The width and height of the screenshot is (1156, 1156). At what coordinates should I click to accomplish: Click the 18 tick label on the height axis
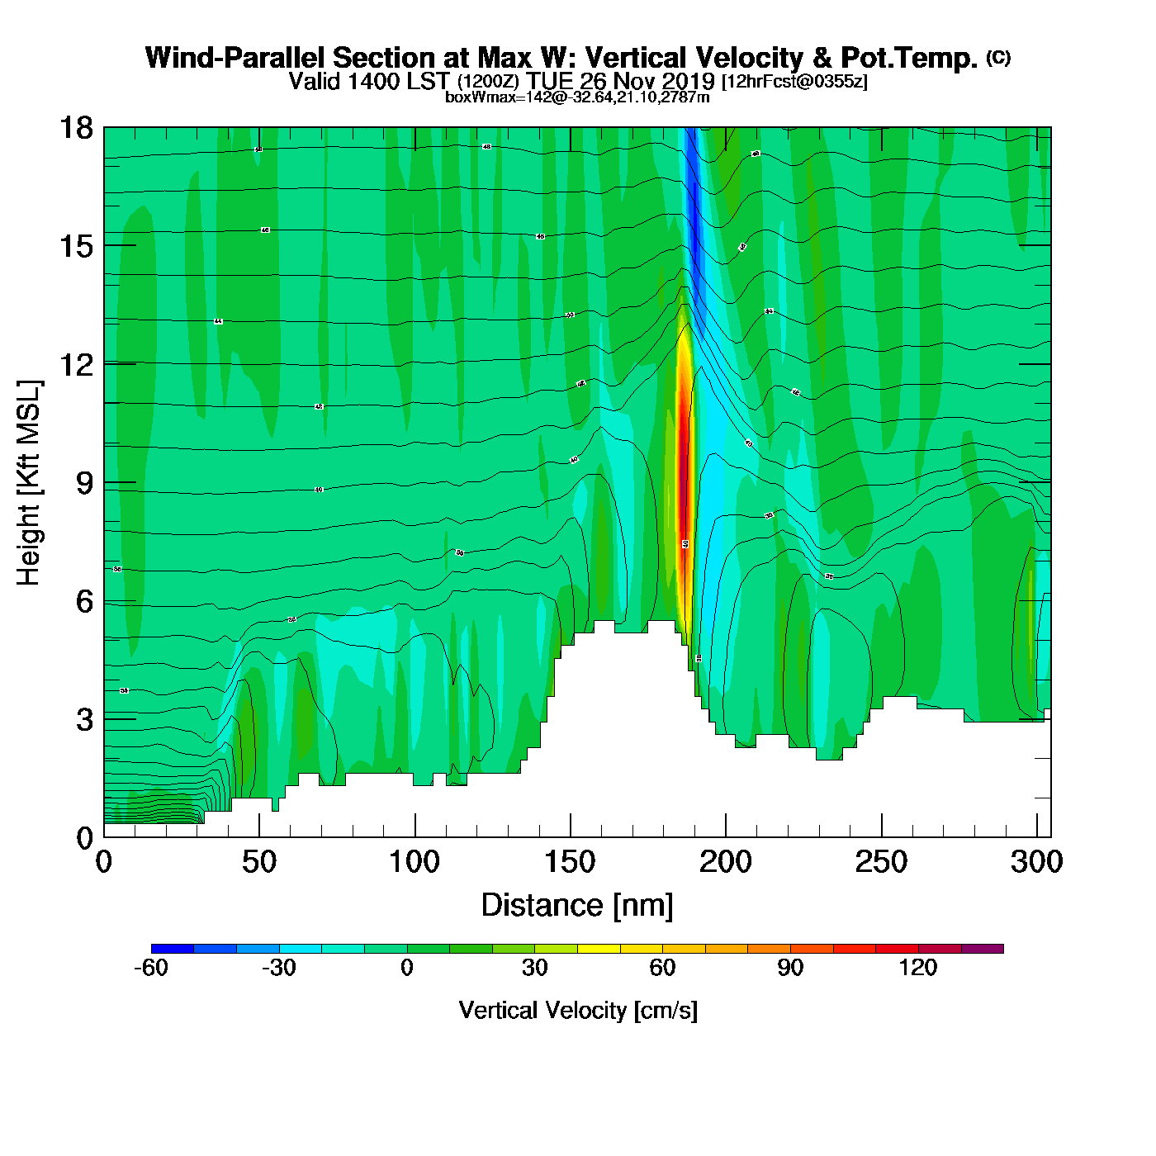[x=76, y=128]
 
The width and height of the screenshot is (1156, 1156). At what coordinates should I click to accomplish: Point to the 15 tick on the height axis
[x=76, y=246]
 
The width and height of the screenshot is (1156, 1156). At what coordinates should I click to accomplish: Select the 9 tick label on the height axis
[x=85, y=483]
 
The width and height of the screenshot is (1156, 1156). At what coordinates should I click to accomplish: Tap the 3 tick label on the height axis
[x=85, y=720]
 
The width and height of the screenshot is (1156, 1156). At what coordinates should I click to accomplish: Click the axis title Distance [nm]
[x=577, y=906]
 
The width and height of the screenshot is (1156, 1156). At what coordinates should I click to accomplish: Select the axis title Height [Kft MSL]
[x=29, y=483]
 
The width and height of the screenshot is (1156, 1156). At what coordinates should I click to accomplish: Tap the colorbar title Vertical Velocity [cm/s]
[x=578, y=1011]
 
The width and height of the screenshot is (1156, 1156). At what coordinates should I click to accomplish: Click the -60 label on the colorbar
[x=151, y=968]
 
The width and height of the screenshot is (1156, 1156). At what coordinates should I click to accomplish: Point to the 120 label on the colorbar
[x=918, y=968]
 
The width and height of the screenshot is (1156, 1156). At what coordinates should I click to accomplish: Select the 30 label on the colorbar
[x=535, y=968]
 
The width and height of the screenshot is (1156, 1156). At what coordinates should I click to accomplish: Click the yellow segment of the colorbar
[x=599, y=949]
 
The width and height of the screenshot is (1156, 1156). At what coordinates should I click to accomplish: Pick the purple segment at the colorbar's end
[x=983, y=949]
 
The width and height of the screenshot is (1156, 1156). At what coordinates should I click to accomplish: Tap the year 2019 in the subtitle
[x=689, y=81]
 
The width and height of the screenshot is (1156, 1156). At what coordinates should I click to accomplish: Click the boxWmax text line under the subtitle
[x=577, y=97]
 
